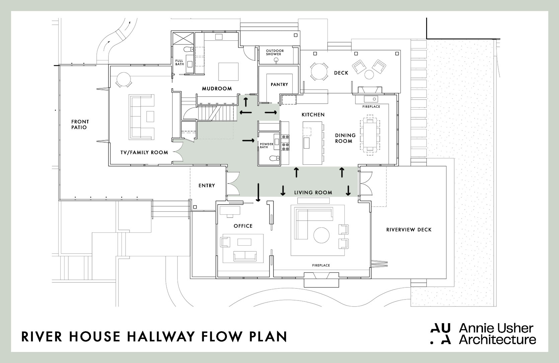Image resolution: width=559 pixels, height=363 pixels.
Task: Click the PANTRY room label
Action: point(279,85)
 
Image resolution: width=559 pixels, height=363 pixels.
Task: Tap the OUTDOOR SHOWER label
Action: point(275,52)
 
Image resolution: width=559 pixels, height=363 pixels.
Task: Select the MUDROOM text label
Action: point(217,89)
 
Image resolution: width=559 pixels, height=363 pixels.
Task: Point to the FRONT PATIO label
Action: point(80,124)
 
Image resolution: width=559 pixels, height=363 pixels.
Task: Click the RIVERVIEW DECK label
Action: point(409,230)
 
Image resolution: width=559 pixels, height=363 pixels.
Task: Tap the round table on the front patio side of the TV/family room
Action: point(124,79)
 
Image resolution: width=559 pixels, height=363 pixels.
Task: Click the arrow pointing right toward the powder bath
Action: point(248,141)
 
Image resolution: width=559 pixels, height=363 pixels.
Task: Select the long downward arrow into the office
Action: point(258,192)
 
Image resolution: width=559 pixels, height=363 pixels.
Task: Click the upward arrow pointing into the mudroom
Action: point(246,102)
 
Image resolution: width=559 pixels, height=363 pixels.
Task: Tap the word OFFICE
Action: point(243,226)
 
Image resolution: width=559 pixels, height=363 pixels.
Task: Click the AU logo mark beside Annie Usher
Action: point(441,334)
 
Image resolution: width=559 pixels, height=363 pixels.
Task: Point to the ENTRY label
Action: point(207,186)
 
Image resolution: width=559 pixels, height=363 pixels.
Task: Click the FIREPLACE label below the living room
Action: point(321,265)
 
